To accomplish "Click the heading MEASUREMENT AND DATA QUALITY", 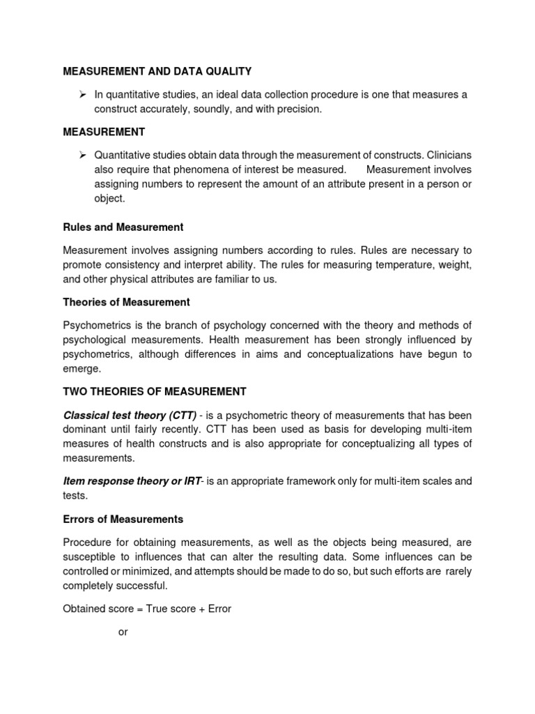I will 157,71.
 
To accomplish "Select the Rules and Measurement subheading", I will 123,227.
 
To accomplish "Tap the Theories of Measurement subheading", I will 126,302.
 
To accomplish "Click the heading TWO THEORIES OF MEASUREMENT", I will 155,391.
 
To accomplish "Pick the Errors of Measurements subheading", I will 123,519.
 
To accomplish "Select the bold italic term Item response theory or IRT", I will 132,480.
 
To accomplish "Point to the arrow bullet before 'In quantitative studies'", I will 82,95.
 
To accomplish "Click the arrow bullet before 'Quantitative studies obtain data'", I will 82,154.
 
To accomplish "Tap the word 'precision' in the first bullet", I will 300,109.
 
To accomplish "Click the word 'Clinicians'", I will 446,154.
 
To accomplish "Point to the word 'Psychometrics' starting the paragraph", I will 97,325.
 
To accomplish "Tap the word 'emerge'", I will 82,369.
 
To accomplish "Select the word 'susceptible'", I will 90,556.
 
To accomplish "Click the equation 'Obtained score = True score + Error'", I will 147,609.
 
